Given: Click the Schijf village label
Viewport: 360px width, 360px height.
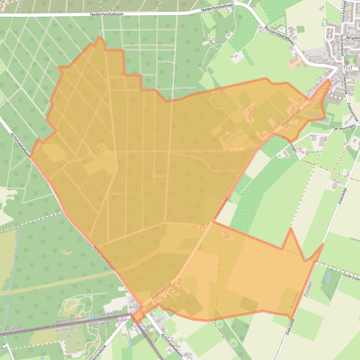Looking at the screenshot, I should pos(345,67).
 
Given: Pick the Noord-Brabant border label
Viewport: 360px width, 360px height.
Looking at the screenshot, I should pos(69,321).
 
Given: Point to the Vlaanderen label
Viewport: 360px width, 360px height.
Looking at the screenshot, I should pos(100,323).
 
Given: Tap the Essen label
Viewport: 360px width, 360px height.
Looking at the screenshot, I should pos(124,320).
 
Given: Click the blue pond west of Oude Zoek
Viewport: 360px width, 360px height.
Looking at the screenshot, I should pos(327,279).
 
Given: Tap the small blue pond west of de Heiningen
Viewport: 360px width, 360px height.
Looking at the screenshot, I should pos(325,120).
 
